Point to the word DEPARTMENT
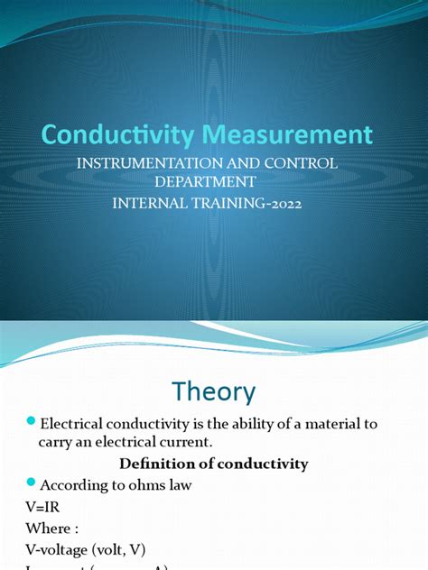click(x=213, y=183)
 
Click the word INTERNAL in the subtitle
click(x=151, y=203)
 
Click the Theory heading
click(x=214, y=391)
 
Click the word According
click(x=80, y=486)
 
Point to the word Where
click(x=46, y=528)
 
